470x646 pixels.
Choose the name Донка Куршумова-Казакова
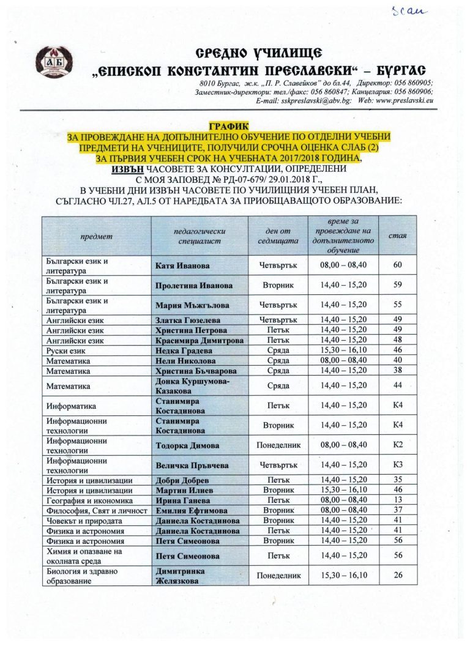188,386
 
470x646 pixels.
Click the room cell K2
398,445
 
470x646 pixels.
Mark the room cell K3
398,465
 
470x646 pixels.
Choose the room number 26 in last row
398,575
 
